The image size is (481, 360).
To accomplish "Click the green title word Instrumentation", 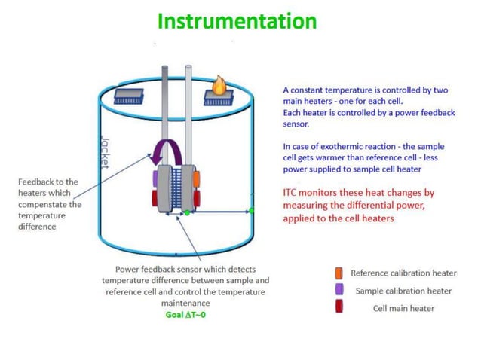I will [237, 20].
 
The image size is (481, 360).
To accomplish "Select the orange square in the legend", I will [339, 273].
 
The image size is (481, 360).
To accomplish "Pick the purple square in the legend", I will [339, 290].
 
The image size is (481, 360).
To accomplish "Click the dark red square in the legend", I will [339, 307].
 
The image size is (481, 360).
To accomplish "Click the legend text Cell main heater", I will [403, 308].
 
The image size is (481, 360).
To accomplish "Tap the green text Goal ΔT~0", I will [185, 315].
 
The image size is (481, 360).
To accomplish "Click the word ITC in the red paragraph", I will [291, 193].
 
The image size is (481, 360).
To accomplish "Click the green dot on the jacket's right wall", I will [251, 212].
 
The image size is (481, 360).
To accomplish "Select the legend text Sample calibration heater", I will [403, 291].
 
